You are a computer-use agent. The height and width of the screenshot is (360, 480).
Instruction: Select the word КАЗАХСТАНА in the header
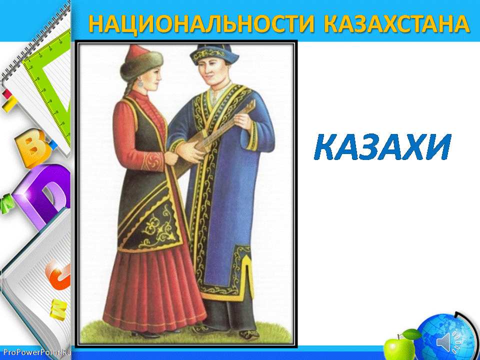point(396,23)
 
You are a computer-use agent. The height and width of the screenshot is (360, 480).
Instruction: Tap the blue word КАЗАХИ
point(382,147)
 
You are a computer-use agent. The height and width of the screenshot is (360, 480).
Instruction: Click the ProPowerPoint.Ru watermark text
point(35,352)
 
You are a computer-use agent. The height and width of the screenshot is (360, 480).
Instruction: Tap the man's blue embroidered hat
point(214,54)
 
